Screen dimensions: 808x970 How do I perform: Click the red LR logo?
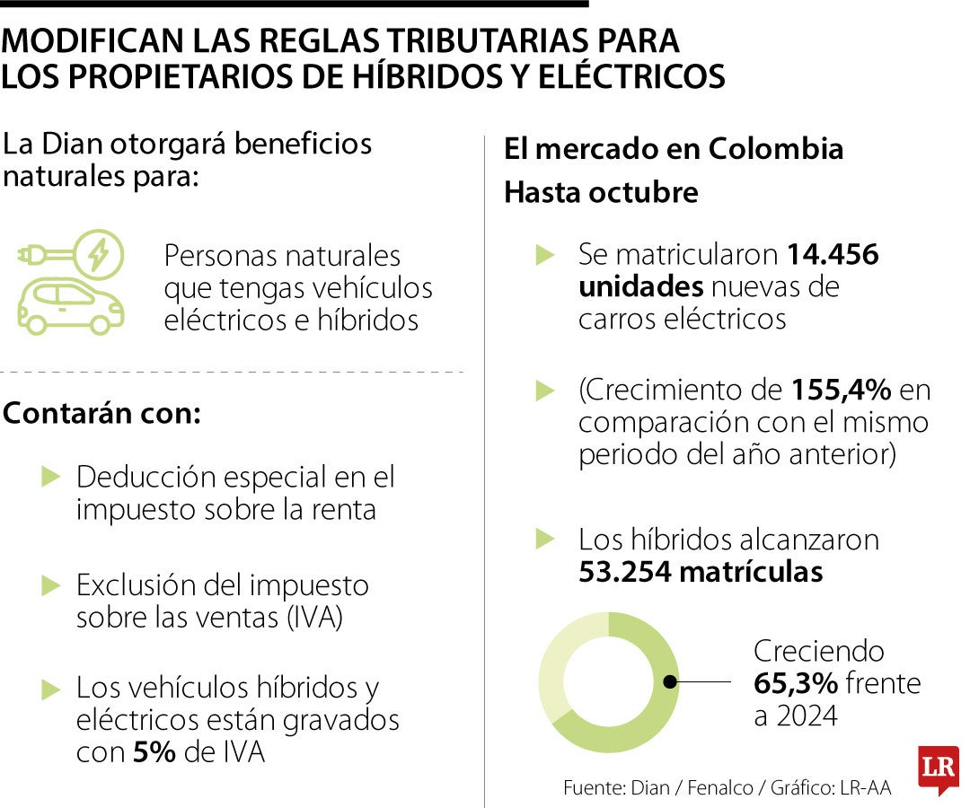(x=938, y=768)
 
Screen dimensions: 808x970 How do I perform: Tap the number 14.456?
(x=833, y=255)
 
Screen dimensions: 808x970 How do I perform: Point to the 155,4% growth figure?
(x=841, y=391)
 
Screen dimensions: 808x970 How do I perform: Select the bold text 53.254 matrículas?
(x=701, y=572)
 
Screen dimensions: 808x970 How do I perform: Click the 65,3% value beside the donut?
(x=795, y=684)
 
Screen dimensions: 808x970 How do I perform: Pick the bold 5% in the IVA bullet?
(x=154, y=752)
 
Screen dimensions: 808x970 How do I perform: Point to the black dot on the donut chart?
(x=670, y=682)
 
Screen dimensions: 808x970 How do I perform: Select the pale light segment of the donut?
(x=561, y=655)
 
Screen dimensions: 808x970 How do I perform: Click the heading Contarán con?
(x=102, y=415)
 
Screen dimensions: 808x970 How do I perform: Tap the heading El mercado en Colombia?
(x=674, y=149)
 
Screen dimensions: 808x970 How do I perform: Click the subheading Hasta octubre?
(x=600, y=192)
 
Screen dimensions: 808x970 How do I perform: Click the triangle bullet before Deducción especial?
(x=50, y=477)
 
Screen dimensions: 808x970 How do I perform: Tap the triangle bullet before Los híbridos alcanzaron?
(x=545, y=539)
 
